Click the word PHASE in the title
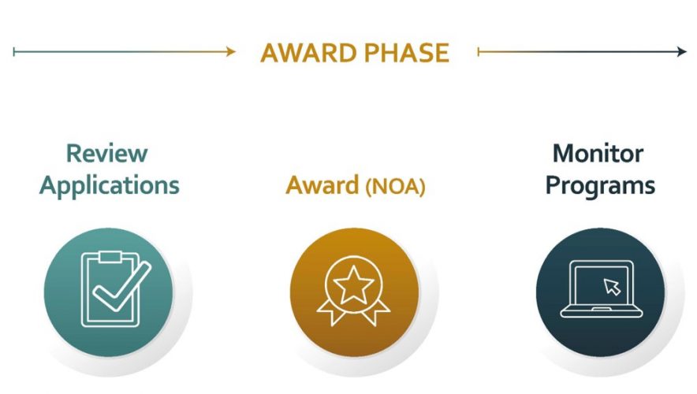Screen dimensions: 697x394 [x=407, y=53]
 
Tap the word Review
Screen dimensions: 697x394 [x=106, y=153]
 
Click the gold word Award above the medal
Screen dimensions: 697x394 [x=322, y=185]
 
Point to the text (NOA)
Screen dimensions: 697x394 [x=395, y=187]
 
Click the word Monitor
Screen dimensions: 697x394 [x=598, y=154]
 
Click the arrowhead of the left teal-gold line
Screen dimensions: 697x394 [x=231, y=51]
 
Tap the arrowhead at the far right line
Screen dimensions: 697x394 [x=682, y=52]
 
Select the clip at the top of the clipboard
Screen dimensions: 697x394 [x=110, y=257]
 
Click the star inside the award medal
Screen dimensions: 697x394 [x=353, y=284]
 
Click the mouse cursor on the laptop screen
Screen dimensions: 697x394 [x=612, y=287]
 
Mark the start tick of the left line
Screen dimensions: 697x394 [x=13, y=52]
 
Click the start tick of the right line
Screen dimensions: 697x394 [x=479, y=52]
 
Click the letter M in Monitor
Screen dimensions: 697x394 [x=564, y=154]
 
